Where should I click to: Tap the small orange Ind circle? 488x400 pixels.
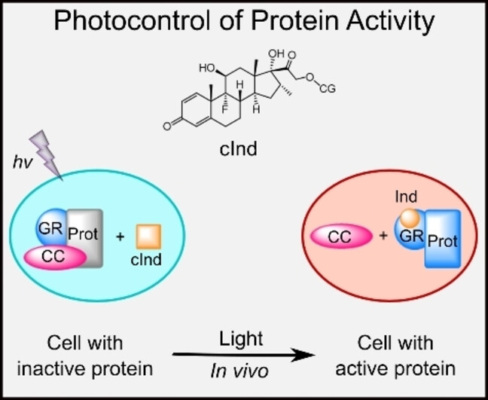pos(408,218)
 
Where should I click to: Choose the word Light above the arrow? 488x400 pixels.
pos(242,339)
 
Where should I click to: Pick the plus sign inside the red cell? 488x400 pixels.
pos(384,237)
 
